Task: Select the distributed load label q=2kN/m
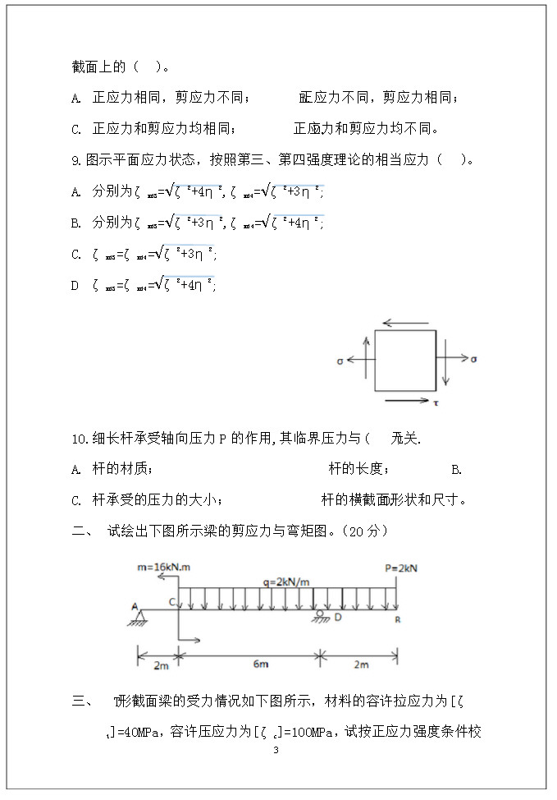point(285,582)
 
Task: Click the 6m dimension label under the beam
point(249,665)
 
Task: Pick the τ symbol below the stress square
point(436,402)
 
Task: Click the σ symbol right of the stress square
point(474,360)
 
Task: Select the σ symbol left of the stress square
point(340,360)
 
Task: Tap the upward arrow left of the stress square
point(366,353)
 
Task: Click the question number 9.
point(76,160)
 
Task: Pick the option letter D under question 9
point(75,285)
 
